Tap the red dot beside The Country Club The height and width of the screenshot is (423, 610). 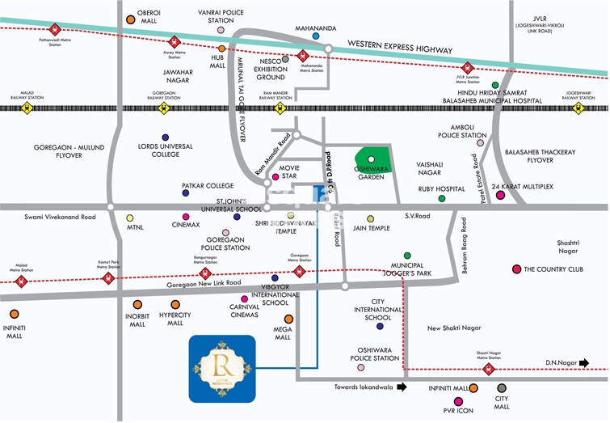516,269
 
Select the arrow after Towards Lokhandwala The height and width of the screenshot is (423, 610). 402,387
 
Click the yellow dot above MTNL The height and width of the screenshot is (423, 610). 129,218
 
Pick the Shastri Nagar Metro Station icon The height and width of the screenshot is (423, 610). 488,370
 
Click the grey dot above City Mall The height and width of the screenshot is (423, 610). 502,389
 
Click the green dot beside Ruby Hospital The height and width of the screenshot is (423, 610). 441,198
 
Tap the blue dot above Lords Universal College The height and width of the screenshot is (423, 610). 166,137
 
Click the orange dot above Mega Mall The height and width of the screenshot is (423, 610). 288,319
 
